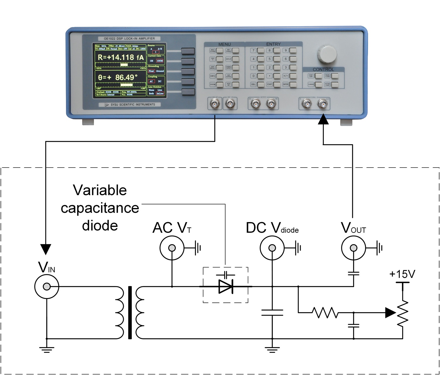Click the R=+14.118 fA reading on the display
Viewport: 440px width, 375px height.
click(121, 58)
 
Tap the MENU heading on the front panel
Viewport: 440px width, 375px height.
click(224, 44)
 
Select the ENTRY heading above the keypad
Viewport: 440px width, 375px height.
click(273, 44)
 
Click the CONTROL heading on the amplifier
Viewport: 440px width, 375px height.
click(323, 70)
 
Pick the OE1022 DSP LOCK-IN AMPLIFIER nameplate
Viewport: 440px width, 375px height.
click(129, 38)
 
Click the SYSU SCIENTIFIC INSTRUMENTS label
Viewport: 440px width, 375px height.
click(133, 104)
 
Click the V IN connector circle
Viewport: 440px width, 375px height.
click(47, 286)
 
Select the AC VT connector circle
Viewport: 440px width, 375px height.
click(172, 248)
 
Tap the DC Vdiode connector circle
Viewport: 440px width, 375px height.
click(272, 248)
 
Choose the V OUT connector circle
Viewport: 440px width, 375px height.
click(354, 248)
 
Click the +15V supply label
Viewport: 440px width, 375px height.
click(402, 274)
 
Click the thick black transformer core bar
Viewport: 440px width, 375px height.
click(130, 312)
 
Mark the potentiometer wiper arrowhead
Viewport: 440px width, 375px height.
click(390, 313)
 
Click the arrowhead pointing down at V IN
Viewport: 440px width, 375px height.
click(46, 249)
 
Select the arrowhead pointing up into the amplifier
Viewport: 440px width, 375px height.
click(323, 119)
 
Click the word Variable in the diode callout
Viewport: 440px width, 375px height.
click(100, 190)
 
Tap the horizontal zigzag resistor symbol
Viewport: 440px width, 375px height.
click(325, 313)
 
